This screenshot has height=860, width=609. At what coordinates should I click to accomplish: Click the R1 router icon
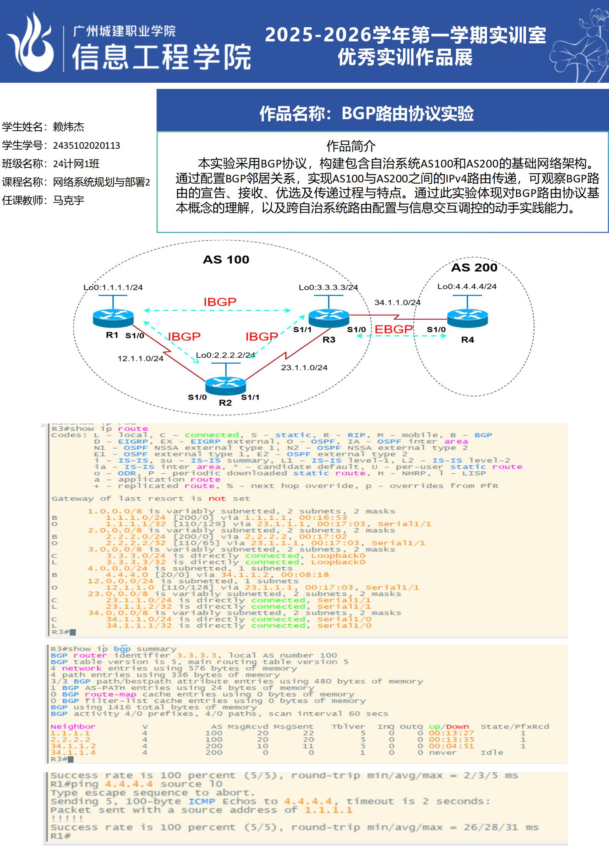click(x=113, y=318)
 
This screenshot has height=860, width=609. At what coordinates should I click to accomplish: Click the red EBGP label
click(x=393, y=329)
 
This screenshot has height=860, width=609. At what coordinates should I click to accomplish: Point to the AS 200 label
click(x=474, y=268)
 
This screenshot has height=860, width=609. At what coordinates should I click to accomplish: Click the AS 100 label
click(x=226, y=259)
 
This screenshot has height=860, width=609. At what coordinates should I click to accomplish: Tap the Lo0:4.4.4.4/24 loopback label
click(x=467, y=286)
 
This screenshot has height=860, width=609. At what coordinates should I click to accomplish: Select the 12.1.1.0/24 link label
click(x=140, y=358)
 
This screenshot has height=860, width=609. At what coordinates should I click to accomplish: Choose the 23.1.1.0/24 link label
click(x=304, y=368)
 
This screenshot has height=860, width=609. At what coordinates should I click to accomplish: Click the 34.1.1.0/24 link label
click(x=397, y=302)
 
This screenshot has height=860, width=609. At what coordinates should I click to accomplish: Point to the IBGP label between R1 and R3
click(x=220, y=302)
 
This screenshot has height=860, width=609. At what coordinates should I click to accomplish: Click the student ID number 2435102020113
click(x=86, y=146)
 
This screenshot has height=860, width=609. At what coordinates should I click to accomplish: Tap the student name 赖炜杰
click(x=68, y=127)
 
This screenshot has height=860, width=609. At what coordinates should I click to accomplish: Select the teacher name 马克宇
click(x=68, y=200)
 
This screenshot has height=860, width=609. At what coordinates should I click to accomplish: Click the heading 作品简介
click(x=351, y=146)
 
